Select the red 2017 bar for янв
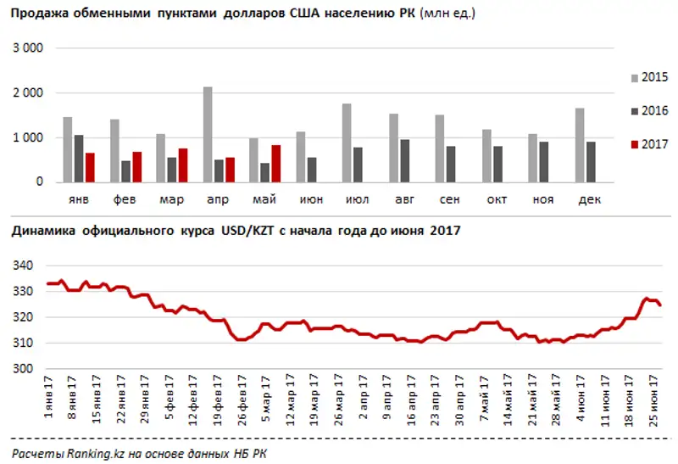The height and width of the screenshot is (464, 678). (x=90, y=167)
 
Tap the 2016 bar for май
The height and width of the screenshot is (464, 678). (x=264, y=172)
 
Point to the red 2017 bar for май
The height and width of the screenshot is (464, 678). (x=275, y=163)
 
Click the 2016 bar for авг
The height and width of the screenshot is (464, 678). (x=404, y=160)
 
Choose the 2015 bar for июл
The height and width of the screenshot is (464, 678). (x=347, y=143)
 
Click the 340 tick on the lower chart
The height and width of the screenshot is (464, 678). (x=22, y=266)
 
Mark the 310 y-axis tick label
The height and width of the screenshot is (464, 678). (x=22, y=344)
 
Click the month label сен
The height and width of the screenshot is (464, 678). (x=450, y=200)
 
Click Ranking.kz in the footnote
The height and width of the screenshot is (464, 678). (x=86, y=453)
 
